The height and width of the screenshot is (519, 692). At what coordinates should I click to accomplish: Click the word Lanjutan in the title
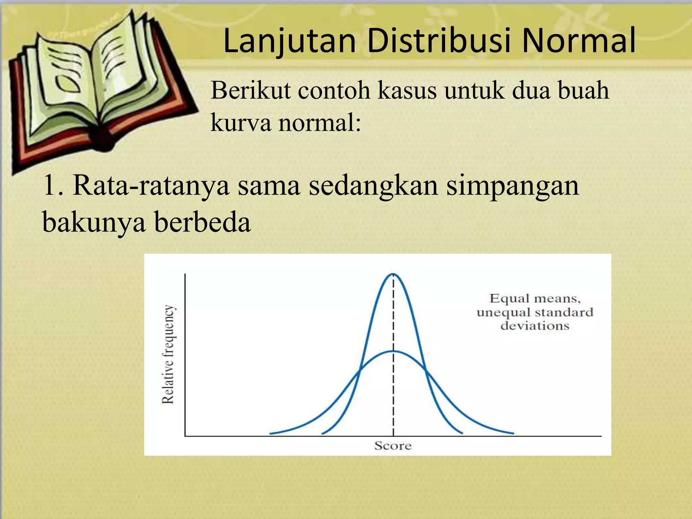(290, 42)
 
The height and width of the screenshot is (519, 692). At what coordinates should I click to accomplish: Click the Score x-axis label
(393, 446)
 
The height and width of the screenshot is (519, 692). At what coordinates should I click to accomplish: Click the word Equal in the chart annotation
(510, 298)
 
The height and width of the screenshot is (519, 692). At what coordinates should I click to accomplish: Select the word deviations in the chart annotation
(535, 326)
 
